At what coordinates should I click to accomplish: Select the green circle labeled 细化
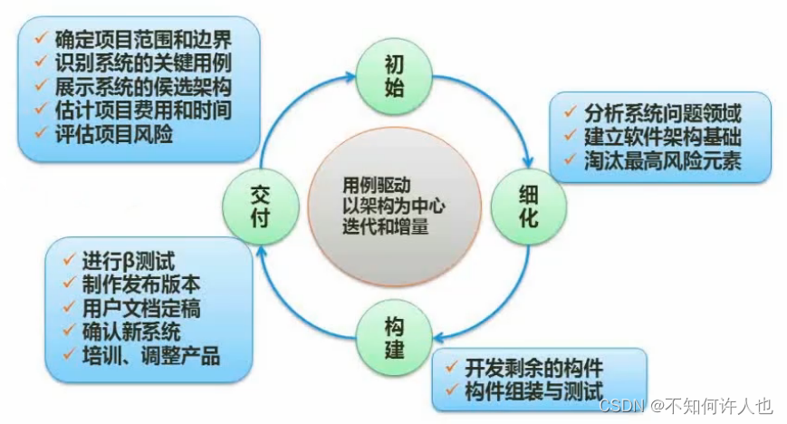tap(528, 207)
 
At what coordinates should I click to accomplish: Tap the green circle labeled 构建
tap(393, 336)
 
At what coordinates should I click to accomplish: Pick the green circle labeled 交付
tap(262, 206)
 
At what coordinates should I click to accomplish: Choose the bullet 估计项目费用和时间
tap(144, 109)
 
